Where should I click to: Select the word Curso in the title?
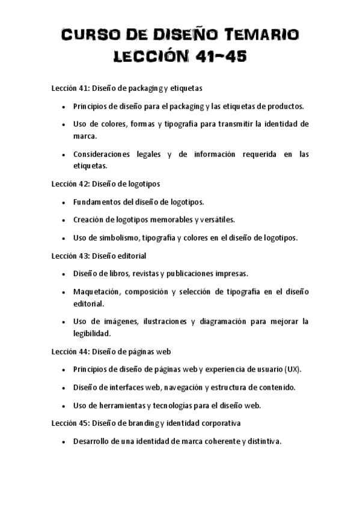tap(90, 35)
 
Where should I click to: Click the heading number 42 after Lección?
tap(84, 183)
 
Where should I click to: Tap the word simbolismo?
tap(119, 238)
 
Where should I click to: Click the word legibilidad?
tap(92, 333)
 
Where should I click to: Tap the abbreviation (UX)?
tap(293, 369)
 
